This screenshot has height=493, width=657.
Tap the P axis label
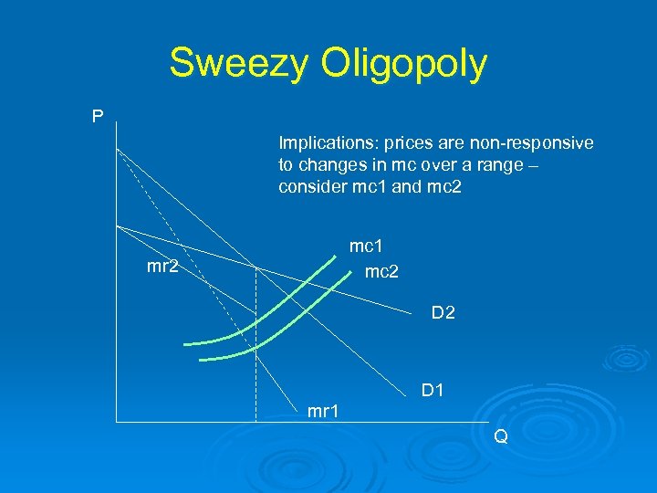98,116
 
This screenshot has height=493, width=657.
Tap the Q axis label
500,436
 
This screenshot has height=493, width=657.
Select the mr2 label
162,267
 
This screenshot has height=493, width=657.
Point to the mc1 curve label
367,246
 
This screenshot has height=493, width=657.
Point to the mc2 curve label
381,271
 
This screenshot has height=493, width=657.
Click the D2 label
443,314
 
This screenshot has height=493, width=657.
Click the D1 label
433,391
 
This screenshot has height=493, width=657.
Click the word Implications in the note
321,143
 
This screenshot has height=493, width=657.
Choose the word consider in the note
309,187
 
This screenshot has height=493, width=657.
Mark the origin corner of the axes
117,421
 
